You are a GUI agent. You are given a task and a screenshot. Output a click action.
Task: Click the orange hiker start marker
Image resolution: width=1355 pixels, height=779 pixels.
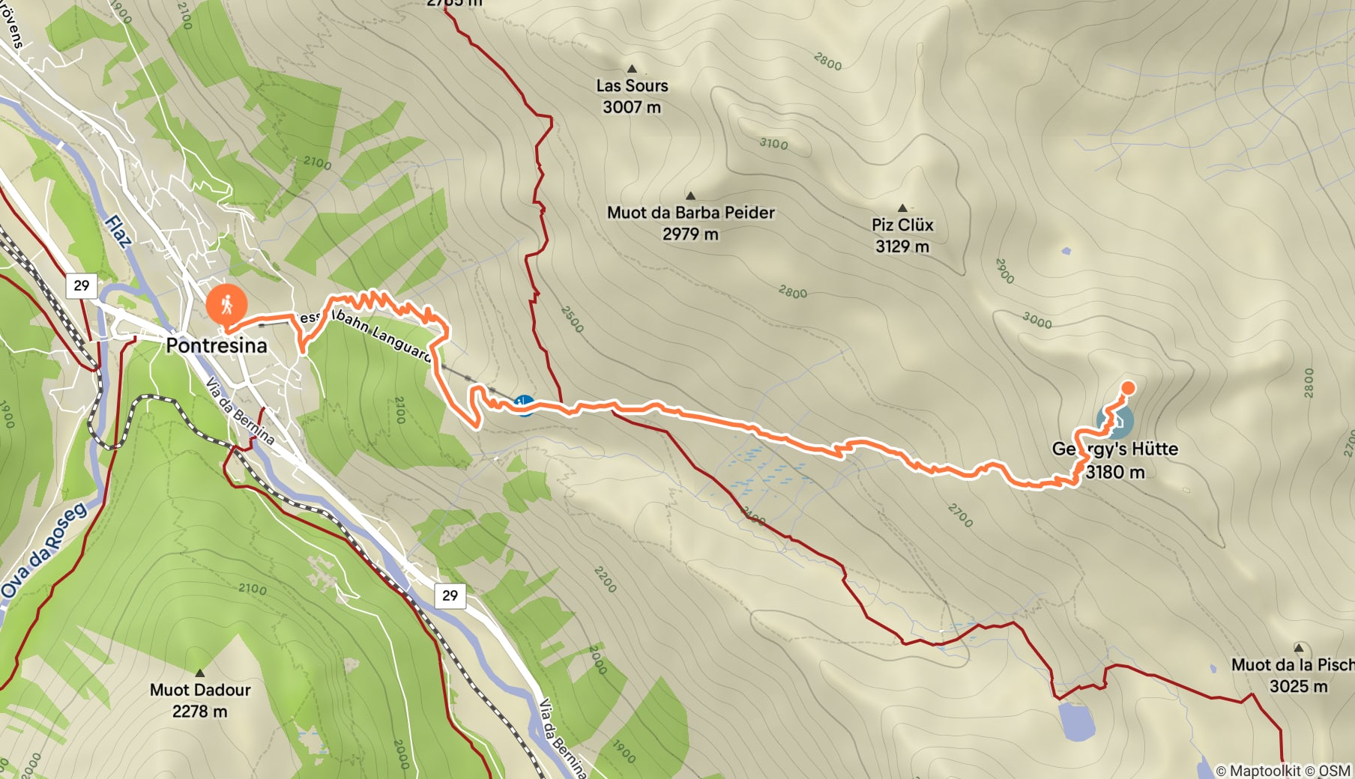pyautogui.click(x=226, y=304)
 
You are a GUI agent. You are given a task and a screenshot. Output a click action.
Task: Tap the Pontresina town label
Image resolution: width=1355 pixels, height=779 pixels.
pyautogui.click(x=217, y=346)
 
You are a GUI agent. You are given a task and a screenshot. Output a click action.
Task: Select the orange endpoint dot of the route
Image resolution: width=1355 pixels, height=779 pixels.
pyautogui.click(x=1127, y=388)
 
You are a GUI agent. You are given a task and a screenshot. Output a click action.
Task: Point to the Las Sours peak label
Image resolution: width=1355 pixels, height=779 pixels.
pyautogui.click(x=632, y=86)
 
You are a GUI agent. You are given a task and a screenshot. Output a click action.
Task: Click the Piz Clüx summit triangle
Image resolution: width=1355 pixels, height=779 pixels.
pyautogui.click(x=902, y=208)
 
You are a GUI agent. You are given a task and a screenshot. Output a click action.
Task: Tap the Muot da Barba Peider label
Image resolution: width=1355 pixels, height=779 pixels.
pyautogui.click(x=690, y=213)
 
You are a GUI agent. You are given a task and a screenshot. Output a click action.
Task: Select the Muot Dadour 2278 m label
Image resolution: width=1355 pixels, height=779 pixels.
pyautogui.click(x=200, y=700)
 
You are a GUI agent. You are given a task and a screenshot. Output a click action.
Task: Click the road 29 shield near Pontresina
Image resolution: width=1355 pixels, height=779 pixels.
pyautogui.click(x=82, y=285)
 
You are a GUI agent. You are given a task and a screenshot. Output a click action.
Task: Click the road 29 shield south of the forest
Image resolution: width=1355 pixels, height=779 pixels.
pyautogui.click(x=450, y=595)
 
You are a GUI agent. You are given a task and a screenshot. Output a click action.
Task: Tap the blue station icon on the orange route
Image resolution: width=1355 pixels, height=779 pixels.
pyautogui.click(x=525, y=405)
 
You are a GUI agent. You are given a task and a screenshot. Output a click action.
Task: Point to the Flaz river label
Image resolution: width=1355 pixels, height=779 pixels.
pyautogui.click(x=118, y=231)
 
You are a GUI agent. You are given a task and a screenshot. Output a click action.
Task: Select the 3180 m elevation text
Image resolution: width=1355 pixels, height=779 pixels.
pyautogui.click(x=1114, y=472)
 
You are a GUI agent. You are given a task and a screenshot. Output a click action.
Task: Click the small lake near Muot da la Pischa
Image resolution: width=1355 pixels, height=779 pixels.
pyautogui.click(x=1076, y=721)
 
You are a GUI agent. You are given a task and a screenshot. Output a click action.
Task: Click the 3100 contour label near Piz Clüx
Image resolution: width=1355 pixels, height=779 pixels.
pyautogui.click(x=773, y=143)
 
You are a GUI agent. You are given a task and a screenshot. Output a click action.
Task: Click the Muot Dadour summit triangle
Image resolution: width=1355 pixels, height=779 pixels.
pyautogui.click(x=199, y=673)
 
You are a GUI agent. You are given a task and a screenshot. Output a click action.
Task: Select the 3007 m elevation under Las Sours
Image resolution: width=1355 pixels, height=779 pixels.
pyautogui.click(x=632, y=107)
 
